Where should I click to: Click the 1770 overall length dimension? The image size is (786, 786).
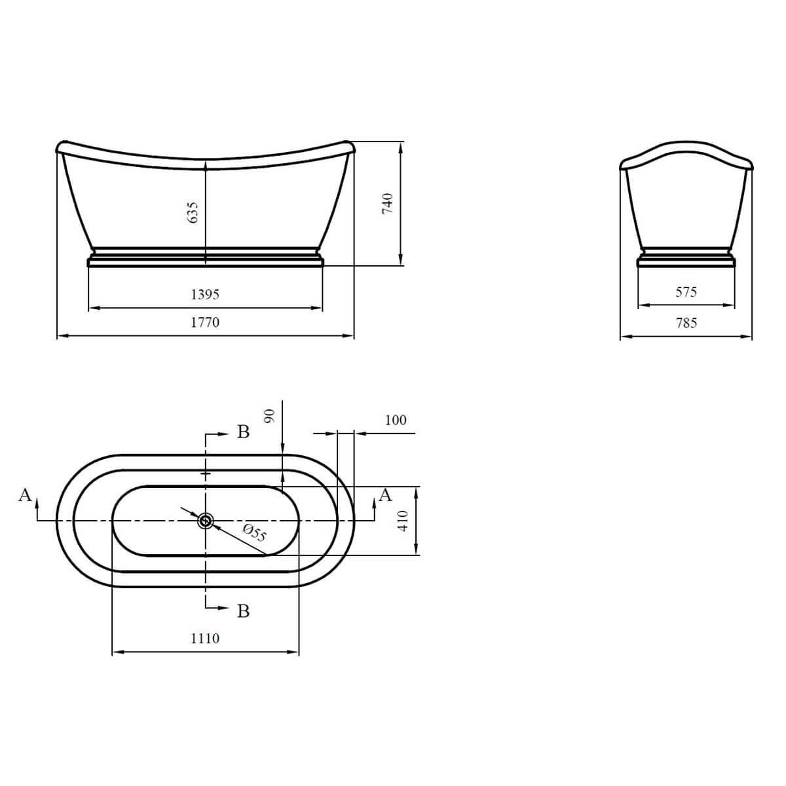[205, 322]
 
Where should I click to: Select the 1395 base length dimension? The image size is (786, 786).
[205, 294]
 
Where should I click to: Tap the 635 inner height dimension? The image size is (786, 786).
[193, 213]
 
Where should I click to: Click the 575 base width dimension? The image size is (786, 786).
[686, 291]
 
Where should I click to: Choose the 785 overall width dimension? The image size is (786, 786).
[686, 322]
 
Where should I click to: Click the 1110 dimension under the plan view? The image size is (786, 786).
[205, 638]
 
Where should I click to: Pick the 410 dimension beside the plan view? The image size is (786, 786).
[403, 521]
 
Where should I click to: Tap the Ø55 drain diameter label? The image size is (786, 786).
[255, 534]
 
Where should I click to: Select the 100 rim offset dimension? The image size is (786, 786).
[396, 420]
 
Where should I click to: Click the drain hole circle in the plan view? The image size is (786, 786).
[206, 521]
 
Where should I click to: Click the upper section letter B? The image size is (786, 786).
[243, 432]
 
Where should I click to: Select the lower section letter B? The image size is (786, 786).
[243, 611]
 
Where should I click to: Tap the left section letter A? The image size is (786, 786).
[25, 495]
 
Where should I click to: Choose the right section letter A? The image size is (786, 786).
[386, 495]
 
